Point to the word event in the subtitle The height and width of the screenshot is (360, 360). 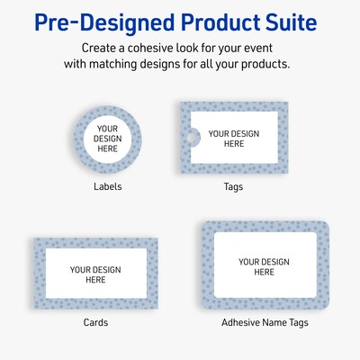pos(263,47)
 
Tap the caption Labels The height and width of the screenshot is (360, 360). pos(107,187)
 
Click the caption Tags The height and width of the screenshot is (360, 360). pos(233,187)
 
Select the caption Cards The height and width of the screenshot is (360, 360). pos(95,322)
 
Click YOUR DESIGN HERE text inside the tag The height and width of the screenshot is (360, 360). pos(233,139)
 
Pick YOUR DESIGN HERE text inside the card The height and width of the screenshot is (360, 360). pos(95,274)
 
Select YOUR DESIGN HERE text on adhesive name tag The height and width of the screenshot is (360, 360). pos(264,266)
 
